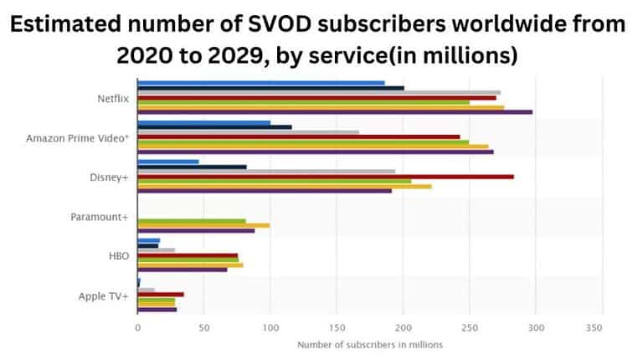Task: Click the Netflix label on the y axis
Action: click(x=112, y=99)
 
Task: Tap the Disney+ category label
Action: click(x=110, y=177)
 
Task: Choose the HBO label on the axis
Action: click(x=120, y=255)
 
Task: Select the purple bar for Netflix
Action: click(x=334, y=111)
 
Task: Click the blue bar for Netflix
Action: click(x=260, y=83)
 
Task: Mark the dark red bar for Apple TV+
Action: click(x=160, y=294)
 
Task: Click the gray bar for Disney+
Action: click(x=265, y=172)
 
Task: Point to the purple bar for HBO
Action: click(x=182, y=270)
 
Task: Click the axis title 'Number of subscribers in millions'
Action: click(x=369, y=344)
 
